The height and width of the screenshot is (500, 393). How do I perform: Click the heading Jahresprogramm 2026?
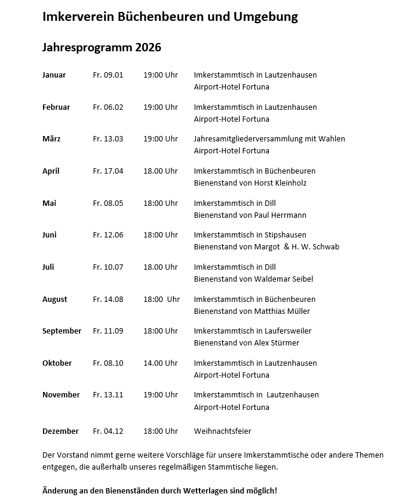pos(102,48)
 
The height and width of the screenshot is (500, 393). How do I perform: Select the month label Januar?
pos(54,75)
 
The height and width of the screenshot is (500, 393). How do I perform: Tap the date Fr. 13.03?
pos(108,139)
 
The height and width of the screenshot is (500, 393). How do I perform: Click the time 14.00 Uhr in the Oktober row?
pos(161,363)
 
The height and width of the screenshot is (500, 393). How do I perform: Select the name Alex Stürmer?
pos(277,343)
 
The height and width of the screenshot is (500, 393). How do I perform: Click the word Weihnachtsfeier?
pos(223,431)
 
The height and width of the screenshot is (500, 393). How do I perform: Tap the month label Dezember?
pos(60,431)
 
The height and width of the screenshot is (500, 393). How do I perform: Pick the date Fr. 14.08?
pos(108,300)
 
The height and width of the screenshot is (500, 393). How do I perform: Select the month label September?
pos(62,331)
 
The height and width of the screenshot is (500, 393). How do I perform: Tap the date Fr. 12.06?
pos(108,235)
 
